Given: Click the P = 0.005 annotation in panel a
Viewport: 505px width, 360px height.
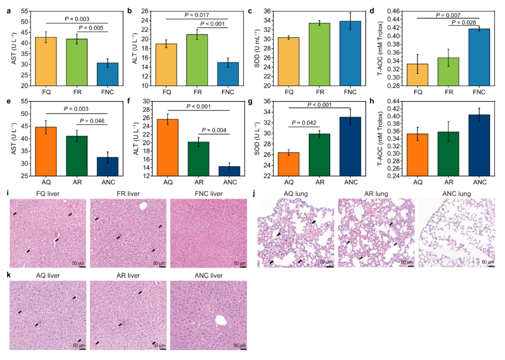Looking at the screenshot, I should tap(91, 28).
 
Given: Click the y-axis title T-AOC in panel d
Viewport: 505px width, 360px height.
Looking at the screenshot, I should tap(386, 47).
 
